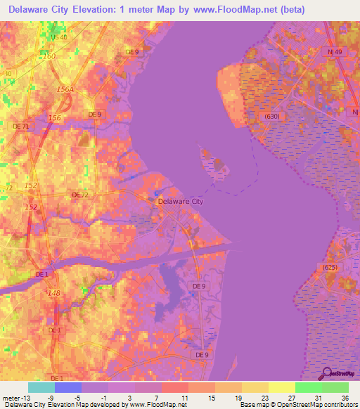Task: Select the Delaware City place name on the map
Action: pos(181,201)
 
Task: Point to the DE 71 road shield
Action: pos(22,126)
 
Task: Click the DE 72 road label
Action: pos(80,194)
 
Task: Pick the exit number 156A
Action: pos(65,90)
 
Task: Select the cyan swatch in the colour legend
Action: pos(41,387)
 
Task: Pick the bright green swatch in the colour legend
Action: pos(309,387)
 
